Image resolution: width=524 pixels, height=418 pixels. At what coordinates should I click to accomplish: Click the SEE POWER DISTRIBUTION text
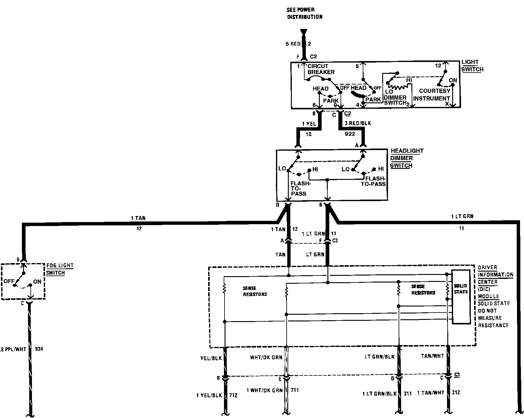tap(305, 13)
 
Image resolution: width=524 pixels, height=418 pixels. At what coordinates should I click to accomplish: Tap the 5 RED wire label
tap(293, 44)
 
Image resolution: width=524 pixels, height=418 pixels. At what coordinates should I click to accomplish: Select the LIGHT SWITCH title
tap(472, 66)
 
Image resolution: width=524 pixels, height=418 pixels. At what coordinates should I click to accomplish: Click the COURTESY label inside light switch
tap(435, 91)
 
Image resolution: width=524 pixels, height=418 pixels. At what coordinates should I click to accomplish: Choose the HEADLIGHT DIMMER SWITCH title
tap(407, 158)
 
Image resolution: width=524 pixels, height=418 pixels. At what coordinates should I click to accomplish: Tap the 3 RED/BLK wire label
tap(358, 123)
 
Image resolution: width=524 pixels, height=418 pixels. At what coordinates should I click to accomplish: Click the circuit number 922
tap(350, 134)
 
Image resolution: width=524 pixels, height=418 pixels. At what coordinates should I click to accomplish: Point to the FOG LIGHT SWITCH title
tap(60, 269)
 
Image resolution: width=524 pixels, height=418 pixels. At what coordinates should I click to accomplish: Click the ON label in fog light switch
tap(37, 282)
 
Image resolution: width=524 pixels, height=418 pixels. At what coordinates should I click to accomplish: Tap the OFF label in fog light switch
tap(9, 281)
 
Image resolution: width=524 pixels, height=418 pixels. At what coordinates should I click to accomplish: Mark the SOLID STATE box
tap(461, 297)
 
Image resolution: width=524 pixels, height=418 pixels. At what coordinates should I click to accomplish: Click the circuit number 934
tap(39, 349)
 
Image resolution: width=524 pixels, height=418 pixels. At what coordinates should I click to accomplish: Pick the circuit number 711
tap(295, 390)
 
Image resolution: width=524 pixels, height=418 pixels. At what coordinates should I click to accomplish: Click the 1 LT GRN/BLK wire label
tap(379, 394)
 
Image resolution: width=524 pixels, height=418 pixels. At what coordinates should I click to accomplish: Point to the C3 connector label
tap(335, 241)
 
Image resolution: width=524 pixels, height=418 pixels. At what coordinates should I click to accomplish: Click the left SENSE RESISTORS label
tap(255, 291)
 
